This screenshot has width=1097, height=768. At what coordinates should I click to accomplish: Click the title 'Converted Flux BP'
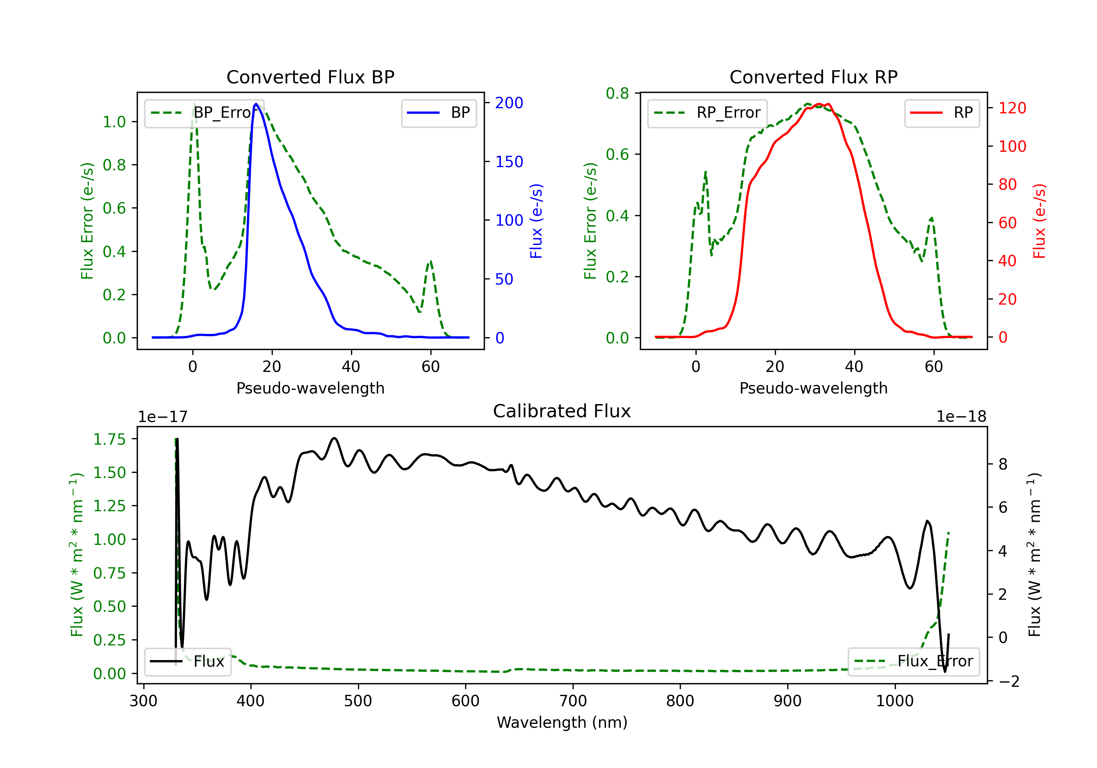click(x=310, y=77)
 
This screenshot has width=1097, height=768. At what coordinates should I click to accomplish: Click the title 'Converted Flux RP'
click(x=814, y=77)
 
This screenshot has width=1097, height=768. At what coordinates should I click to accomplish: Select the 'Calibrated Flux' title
click(x=562, y=411)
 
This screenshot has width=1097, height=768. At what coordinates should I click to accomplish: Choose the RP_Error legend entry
click(x=707, y=113)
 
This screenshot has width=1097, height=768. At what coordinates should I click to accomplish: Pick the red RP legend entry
click(x=942, y=113)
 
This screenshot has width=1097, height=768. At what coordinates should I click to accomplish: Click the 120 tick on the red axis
click(x=1012, y=108)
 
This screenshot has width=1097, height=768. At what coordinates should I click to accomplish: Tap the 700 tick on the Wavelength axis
click(x=573, y=701)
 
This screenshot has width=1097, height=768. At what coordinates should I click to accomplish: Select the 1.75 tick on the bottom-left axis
click(x=109, y=439)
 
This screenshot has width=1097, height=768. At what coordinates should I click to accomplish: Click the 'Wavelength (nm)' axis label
click(x=562, y=723)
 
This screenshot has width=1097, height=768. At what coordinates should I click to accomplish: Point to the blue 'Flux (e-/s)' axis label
click(x=536, y=221)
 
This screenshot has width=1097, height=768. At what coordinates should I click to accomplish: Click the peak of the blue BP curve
click(x=256, y=104)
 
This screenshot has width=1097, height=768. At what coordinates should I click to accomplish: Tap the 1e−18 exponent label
click(x=961, y=417)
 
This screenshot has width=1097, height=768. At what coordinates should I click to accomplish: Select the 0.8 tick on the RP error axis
click(x=617, y=93)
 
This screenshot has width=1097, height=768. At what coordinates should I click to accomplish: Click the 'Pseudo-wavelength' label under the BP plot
click(x=310, y=388)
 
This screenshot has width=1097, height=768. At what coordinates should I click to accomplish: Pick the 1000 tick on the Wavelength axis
click(x=895, y=701)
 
